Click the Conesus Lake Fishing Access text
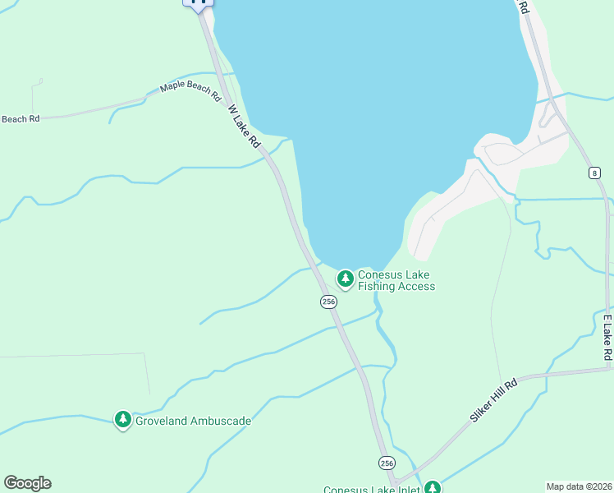pyautogui.click(x=396, y=280)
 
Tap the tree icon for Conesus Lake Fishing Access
pyautogui.click(x=346, y=279)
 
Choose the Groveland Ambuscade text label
pyautogui.click(x=193, y=421)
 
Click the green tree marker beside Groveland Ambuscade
pyautogui.click(x=123, y=421)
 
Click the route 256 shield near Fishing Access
pyautogui.click(x=328, y=302)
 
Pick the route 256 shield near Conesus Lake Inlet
pyautogui.click(x=387, y=463)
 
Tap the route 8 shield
pyautogui.click(x=593, y=173)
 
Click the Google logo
pyautogui.click(x=27, y=483)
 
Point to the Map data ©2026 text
pyautogui.click(x=579, y=486)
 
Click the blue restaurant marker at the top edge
pyautogui.click(x=198, y=2)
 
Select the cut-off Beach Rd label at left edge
pyautogui.click(x=20, y=119)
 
